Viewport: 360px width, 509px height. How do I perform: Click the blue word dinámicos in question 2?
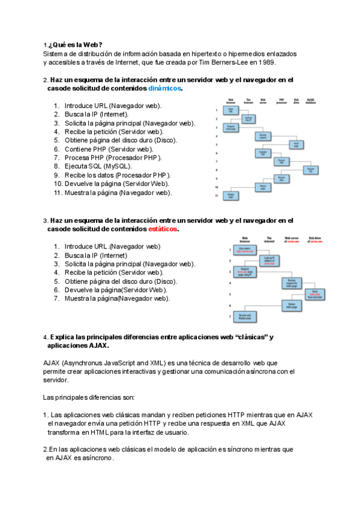164,88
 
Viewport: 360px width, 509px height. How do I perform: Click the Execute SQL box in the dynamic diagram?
311,170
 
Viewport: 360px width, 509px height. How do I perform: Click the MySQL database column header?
311,101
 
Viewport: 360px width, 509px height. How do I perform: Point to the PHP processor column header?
281,101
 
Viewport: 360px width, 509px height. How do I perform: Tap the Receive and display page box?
244,316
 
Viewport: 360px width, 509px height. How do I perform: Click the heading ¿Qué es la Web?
74,45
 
